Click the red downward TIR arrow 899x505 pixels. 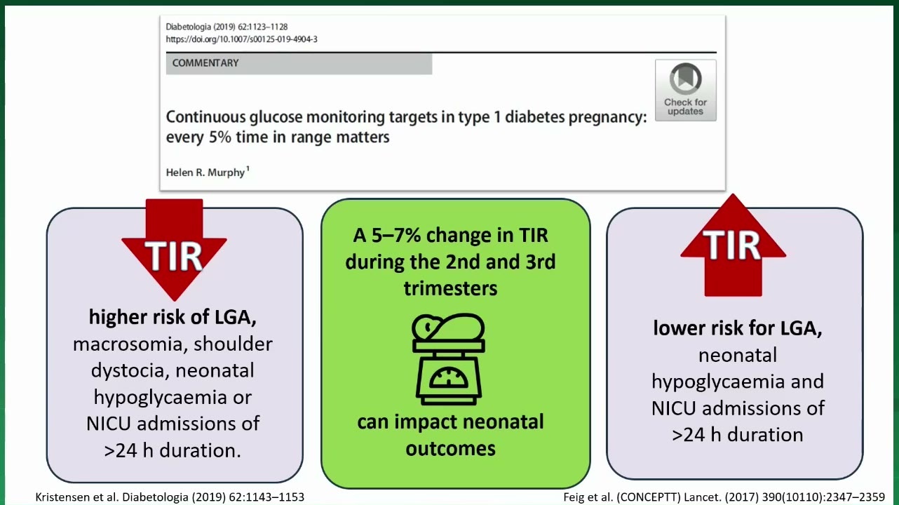pos(174,249)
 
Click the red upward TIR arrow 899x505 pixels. pos(733,245)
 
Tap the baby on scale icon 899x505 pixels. pos(449,359)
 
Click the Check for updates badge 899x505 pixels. pos(686,90)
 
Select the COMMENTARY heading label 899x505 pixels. pos(205,63)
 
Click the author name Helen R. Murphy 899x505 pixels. pos(205,173)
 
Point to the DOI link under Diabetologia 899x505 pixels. pos(242,39)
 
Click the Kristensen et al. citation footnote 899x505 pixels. pos(170,497)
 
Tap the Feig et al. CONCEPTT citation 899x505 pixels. pos(724,497)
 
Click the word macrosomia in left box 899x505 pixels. pos(127,344)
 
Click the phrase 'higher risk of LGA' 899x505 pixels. pos(173,317)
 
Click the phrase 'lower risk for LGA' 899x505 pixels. pos(738,328)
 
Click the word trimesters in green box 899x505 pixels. pos(450,288)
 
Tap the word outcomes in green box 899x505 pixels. pos(450,448)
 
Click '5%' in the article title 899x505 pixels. pos(220,137)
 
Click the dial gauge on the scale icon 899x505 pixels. pos(449,378)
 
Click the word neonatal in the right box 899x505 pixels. pos(738,356)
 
